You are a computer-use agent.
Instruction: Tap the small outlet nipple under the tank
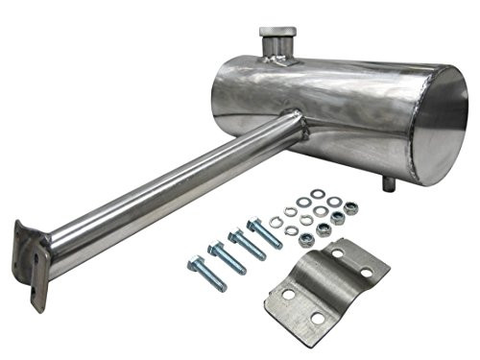[x=388, y=182]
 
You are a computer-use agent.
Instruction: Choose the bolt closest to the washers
[x=264, y=233]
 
